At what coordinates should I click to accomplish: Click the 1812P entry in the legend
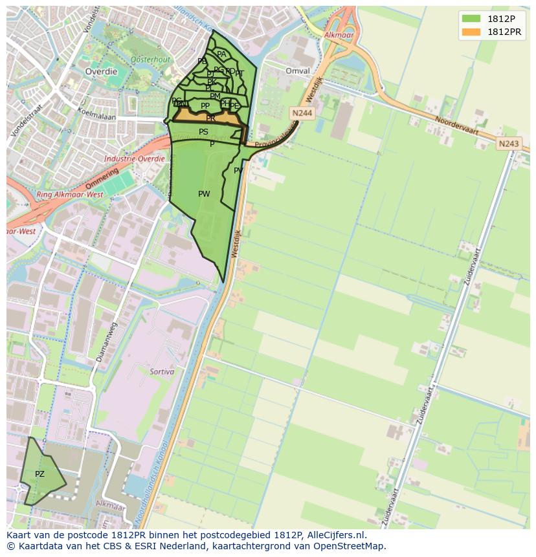(500, 19)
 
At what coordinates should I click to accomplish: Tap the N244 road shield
(302, 113)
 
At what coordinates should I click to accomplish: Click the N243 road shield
(509, 144)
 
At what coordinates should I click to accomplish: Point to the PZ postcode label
(39, 474)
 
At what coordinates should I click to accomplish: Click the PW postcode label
(204, 194)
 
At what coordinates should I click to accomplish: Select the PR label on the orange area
(210, 119)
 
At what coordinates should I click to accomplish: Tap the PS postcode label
(203, 132)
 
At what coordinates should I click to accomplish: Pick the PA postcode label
(221, 55)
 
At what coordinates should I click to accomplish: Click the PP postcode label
(205, 106)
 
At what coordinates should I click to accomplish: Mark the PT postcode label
(240, 74)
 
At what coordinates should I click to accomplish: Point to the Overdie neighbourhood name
(102, 72)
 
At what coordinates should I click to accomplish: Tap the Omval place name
(298, 71)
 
